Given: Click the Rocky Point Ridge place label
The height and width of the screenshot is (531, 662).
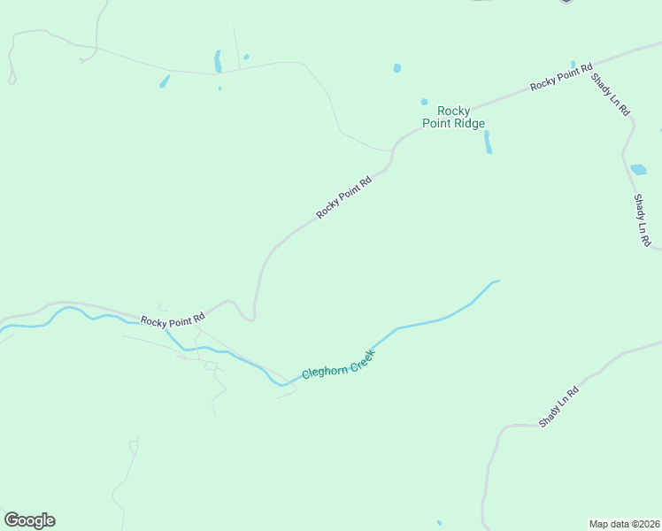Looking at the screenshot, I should pos(454,117).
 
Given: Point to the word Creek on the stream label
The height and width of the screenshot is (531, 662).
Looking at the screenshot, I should pos(360,358).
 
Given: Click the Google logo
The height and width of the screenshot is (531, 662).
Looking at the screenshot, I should pos(29,520).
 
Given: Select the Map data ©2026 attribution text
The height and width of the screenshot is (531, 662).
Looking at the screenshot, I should pos(624,523).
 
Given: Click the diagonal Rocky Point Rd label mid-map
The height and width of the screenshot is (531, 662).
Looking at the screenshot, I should pos(343,196).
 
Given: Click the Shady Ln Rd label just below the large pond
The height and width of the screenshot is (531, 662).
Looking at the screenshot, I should pos(643,220).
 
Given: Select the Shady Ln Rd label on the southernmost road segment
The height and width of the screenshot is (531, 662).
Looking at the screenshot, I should pos(559,406).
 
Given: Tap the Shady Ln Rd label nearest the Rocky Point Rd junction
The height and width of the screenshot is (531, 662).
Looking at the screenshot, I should pos(610,95).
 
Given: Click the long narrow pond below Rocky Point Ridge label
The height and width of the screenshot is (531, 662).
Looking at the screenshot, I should pos(488,142).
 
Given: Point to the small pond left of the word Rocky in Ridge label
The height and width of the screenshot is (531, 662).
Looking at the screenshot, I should pos(424,102).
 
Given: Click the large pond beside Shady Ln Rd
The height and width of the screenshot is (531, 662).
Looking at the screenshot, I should pos(638,169).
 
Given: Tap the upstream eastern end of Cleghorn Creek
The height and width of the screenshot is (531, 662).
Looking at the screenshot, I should pos(497,281).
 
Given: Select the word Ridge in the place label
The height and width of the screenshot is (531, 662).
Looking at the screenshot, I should pos(468,124).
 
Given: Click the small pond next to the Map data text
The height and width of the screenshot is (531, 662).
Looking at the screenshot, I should pos(439,522).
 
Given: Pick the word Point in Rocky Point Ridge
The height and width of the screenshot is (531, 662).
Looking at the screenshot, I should pos(436,124).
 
